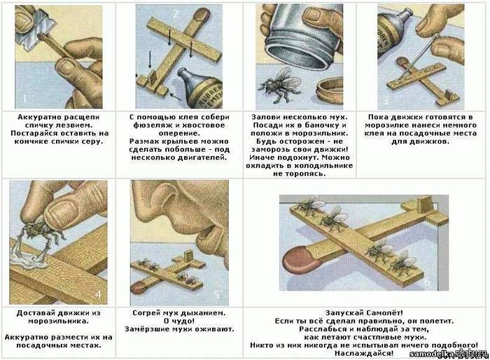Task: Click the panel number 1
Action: click(x=24, y=99)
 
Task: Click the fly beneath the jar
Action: click(x=280, y=84)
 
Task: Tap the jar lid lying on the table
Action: click(x=329, y=91)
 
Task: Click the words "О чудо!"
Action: click(x=179, y=321)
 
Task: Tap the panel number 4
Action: click(x=98, y=295)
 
